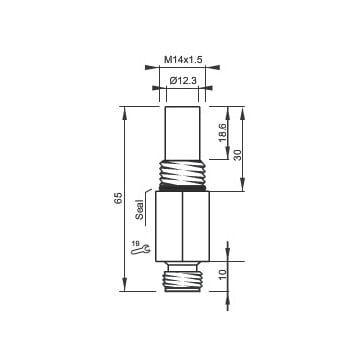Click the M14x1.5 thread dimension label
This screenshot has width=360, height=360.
(x=183, y=60)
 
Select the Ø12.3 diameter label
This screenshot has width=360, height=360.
(x=183, y=81)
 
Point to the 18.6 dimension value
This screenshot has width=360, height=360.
(x=222, y=133)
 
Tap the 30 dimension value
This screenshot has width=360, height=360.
(x=237, y=155)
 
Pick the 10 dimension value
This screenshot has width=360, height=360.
(x=222, y=274)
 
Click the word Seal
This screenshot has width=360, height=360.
(x=140, y=209)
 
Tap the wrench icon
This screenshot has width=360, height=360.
(x=141, y=250)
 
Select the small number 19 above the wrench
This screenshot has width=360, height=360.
(x=135, y=244)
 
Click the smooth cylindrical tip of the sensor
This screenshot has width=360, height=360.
(x=183, y=133)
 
